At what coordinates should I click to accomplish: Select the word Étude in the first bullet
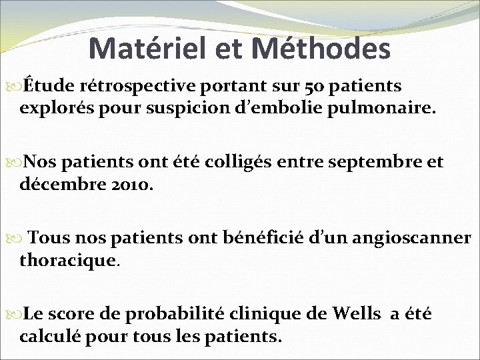(x=49, y=86)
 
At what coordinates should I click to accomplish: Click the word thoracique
(x=69, y=259)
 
